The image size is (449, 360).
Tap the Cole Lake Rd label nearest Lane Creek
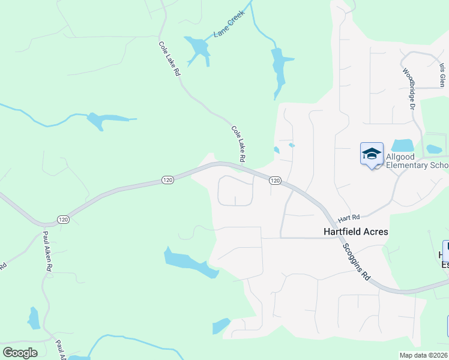169,58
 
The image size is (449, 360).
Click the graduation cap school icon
372,154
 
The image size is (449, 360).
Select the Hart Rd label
348,217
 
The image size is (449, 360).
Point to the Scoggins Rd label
356,263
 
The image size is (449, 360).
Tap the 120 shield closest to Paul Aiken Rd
64,220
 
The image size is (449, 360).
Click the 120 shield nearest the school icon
275,181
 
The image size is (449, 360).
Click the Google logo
20,353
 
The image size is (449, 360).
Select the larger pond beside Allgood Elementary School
403,145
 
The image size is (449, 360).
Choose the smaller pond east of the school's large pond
434,149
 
